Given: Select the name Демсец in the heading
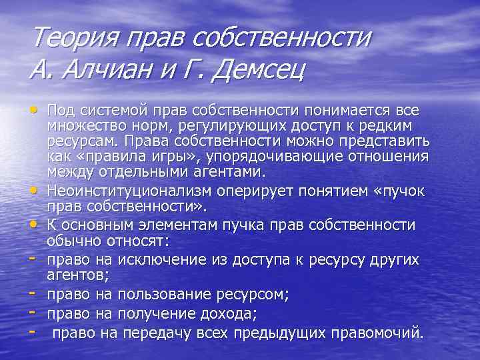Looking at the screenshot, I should (x=257, y=68).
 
